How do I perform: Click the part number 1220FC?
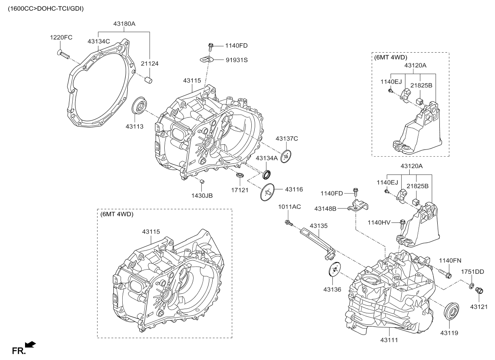coord(61,38)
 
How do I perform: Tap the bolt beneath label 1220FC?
coord(63,54)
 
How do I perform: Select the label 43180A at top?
coord(124,24)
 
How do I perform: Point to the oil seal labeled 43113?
coord(139,107)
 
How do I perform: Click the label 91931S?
coord(236,60)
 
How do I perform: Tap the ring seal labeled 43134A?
coord(268,174)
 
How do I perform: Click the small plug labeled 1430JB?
coord(202,182)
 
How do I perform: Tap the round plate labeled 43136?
coord(334,270)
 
